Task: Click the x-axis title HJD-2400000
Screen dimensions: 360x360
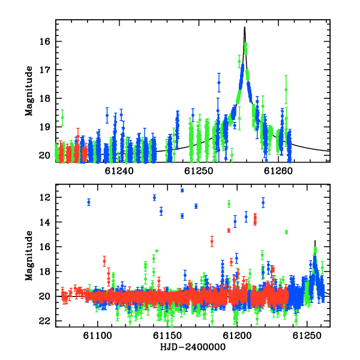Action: pos(193,347)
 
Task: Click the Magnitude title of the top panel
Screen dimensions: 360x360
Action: pos(29,91)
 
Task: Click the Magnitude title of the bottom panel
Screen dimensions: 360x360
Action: pos(29,256)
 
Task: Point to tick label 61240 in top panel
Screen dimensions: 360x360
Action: pos(119,171)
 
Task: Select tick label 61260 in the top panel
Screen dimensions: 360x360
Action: pos(278,171)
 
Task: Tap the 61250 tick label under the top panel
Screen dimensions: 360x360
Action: pos(199,171)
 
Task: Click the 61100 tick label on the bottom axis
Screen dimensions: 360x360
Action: pos(97,335)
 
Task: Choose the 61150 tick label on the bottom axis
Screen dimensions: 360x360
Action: pos(167,335)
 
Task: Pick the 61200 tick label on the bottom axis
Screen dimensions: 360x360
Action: pos(237,335)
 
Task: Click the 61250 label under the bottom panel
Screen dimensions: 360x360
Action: pos(307,335)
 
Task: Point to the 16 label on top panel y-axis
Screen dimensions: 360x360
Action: pos(44,41)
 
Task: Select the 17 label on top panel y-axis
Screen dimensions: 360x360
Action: pos(44,70)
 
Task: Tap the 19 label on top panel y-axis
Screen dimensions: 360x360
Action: pos(44,127)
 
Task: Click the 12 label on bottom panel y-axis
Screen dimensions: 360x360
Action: pos(44,197)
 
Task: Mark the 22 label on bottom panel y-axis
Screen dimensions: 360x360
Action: pos(44,321)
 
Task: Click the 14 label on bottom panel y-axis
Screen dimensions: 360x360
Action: pos(44,222)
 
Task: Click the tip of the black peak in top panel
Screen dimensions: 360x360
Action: pos(245,27)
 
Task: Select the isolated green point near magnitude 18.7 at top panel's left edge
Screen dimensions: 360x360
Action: pos(62,118)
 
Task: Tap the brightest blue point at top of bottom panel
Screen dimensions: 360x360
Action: pos(182,190)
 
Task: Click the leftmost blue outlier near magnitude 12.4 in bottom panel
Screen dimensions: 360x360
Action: pos(89,202)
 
